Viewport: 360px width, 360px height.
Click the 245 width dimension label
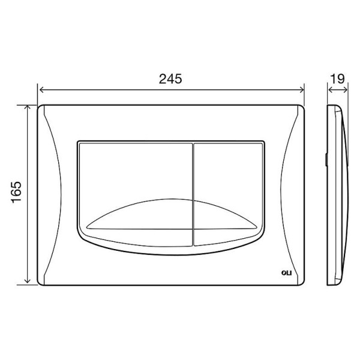pyautogui.click(x=170, y=79)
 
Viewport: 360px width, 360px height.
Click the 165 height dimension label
pyautogui.click(x=16, y=192)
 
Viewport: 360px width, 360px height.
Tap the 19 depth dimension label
pyautogui.click(x=337, y=79)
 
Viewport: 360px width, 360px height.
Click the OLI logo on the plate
pyautogui.click(x=287, y=273)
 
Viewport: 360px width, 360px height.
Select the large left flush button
pyautogui.click(x=135, y=194)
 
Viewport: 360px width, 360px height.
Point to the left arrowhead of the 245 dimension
pyautogui.click(x=41, y=90)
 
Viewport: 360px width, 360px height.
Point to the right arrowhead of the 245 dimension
pyautogui.click(x=302, y=90)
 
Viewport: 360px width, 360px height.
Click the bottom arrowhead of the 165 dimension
pyautogui.click(x=28, y=281)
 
